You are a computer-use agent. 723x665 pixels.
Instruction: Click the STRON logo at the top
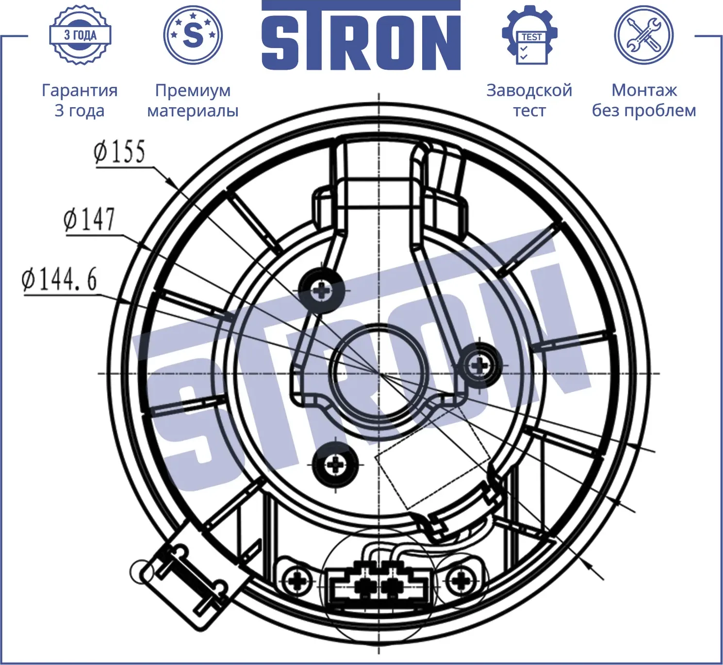[x=361, y=36]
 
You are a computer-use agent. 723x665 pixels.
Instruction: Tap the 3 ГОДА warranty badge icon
[x=80, y=35]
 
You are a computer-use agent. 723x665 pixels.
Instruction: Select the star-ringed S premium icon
[x=193, y=35]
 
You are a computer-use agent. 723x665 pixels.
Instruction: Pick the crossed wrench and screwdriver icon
[x=643, y=35]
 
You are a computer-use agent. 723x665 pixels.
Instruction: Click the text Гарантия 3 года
[x=80, y=100]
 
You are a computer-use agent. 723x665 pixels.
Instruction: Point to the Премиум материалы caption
[x=193, y=100]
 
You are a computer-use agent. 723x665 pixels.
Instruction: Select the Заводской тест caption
[x=529, y=100]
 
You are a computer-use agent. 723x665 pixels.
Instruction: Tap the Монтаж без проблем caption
[x=643, y=100]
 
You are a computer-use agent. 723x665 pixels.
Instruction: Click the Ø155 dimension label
[x=119, y=152]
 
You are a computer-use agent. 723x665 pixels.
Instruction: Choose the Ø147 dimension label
[x=89, y=219]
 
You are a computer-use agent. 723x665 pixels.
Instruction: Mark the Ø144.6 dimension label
[x=59, y=280]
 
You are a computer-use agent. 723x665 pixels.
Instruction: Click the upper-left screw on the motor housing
[x=321, y=291]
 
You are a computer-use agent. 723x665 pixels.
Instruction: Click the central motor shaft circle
[x=378, y=373]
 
